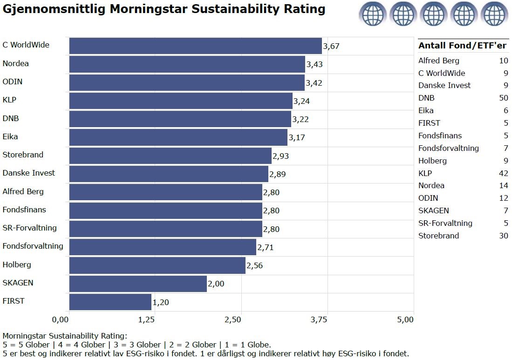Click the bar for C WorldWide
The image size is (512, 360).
click(196, 46)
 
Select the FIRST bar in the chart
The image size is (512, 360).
click(110, 302)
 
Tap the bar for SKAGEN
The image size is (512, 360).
click(138, 284)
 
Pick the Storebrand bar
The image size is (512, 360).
click(171, 156)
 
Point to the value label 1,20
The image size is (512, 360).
click(161, 302)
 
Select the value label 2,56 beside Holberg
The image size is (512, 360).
click(255, 265)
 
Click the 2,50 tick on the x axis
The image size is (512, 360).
click(233, 319)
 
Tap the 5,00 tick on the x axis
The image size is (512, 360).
click(405, 319)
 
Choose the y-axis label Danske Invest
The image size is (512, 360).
click(29, 173)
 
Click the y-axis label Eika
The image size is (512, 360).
click(10, 136)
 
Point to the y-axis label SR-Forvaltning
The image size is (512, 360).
click(30, 228)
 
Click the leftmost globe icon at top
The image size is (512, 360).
click(372, 14)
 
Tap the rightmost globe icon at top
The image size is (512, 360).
click(494, 14)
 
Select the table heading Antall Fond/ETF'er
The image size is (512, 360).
click(462, 46)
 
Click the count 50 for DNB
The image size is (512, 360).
click(503, 98)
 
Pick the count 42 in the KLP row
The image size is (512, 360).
click(503, 173)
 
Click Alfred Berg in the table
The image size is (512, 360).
click(438, 61)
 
